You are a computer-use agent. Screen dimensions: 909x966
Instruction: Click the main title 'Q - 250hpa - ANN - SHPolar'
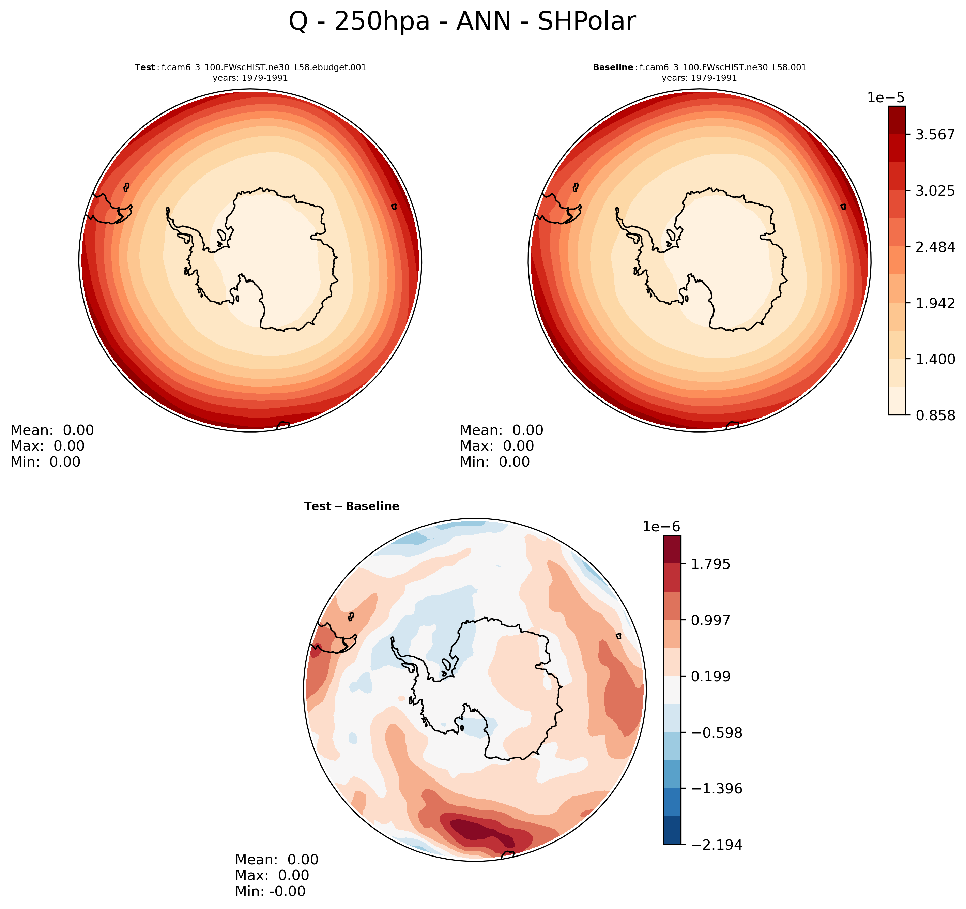click(462, 22)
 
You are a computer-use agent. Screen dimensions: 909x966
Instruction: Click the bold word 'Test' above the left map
click(144, 67)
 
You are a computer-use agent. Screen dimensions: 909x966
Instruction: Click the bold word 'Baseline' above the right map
click(613, 67)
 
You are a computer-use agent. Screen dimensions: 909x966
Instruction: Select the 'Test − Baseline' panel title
click(351, 506)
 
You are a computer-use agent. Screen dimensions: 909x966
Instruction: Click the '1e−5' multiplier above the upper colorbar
click(886, 98)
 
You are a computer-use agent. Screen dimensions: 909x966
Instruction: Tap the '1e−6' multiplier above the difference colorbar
click(661, 527)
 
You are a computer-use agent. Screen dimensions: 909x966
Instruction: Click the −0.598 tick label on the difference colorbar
click(716, 733)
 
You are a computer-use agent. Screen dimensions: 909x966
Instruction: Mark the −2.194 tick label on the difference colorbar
click(716, 845)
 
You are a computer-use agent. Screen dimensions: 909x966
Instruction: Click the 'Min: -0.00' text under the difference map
click(270, 892)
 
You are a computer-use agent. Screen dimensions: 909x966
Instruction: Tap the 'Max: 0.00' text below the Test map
click(48, 446)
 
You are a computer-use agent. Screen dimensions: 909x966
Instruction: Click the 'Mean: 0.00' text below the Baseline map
click(502, 431)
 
